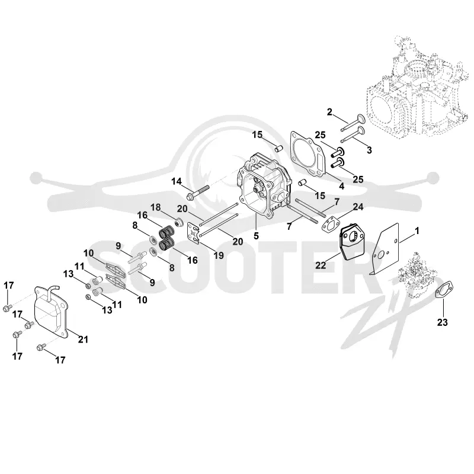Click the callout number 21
click(83, 339)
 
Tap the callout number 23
click(442, 322)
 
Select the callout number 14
click(177, 181)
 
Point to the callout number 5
click(257, 235)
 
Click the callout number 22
click(321, 265)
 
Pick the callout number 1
click(417, 231)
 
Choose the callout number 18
click(156, 207)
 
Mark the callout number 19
click(219, 255)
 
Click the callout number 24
click(358, 207)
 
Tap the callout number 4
click(342, 186)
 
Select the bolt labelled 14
click(198, 192)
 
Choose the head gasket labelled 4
click(308, 155)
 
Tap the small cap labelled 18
click(178, 222)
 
